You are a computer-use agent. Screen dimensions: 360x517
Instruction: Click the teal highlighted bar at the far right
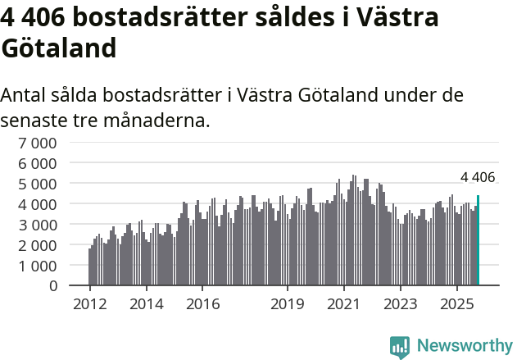pyautogui.click(x=478, y=240)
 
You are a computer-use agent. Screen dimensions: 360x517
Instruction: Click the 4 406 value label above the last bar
pyautogui.click(x=478, y=177)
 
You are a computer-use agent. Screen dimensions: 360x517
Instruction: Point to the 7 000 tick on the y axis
pyautogui.click(x=39, y=142)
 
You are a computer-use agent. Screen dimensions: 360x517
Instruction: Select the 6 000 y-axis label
pyautogui.click(x=39, y=162)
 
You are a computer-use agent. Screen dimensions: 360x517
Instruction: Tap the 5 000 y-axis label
pyautogui.click(x=39, y=183)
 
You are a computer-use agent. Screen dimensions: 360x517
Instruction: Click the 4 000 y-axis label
pyautogui.click(x=39, y=203)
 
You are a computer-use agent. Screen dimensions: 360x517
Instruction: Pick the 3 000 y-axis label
pyautogui.click(x=39, y=224)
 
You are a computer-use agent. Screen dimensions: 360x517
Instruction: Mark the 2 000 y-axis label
pyautogui.click(x=39, y=244)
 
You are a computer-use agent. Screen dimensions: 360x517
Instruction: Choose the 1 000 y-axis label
pyautogui.click(x=39, y=265)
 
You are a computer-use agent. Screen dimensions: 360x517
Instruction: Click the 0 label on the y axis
pyautogui.click(x=53, y=285)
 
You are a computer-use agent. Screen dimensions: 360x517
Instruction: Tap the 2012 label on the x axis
pyautogui.click(x=89, y=304)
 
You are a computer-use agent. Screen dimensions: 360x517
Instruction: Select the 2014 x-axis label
pyautogui.click(x=146, y=304)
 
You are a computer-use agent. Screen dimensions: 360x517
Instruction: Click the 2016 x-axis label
pyautogui.click(x=202, y=304)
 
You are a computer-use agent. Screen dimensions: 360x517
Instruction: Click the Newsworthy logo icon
pyautogui.click(x=400, y=346)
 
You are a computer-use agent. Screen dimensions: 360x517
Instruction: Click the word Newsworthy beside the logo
pyautogui.click(x=465, y=346)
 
